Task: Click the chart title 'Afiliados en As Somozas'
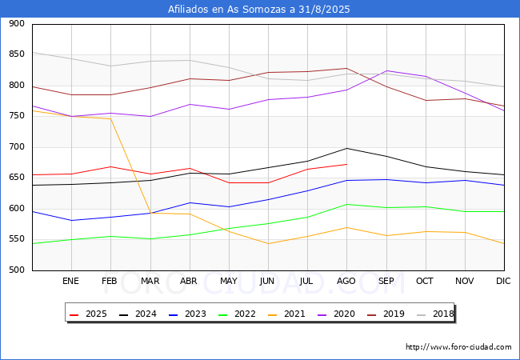pos(228,9)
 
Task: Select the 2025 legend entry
pos(88,314)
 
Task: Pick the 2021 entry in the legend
pos(286,314)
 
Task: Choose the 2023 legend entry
pos(187,314)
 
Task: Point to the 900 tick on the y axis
pos(17,23)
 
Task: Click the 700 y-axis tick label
pos(17,147)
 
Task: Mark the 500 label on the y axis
pos(17,270)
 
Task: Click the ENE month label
pos(70,281)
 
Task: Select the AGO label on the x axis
pos(346,281)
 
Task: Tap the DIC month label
pos(503,281)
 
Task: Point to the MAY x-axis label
pos(229,281)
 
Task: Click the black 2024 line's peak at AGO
pos(347,148)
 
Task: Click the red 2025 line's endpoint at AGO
pos(347,164)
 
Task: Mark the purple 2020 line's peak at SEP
pos(386,70)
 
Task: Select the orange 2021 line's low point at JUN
pos(268,244)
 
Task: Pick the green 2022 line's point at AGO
pos(347,204)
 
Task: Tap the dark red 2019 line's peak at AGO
pos(347,68)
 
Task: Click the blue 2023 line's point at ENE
pos(72,220)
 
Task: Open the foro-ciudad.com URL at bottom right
pos(458,347)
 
